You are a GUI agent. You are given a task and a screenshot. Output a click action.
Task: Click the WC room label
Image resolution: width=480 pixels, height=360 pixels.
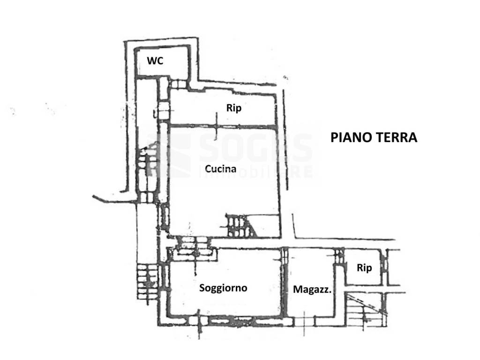click(x=155, y=61)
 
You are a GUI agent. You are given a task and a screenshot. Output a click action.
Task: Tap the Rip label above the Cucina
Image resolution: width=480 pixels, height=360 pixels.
click(x=234, y=108)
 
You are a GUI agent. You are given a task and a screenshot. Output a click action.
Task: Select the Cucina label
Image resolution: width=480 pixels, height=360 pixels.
click(x=220, y=169)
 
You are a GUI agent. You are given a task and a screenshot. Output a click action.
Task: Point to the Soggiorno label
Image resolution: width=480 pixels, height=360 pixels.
click(x=223, y=288)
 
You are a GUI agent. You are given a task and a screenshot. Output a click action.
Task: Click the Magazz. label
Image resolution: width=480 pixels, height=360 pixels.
click(x=312, y=290)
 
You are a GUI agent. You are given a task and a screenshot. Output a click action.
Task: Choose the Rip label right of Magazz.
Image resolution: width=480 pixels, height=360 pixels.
click(x=364, y=268)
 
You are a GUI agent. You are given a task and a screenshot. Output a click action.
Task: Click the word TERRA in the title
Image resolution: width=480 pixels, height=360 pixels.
click(x=396, y=137)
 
